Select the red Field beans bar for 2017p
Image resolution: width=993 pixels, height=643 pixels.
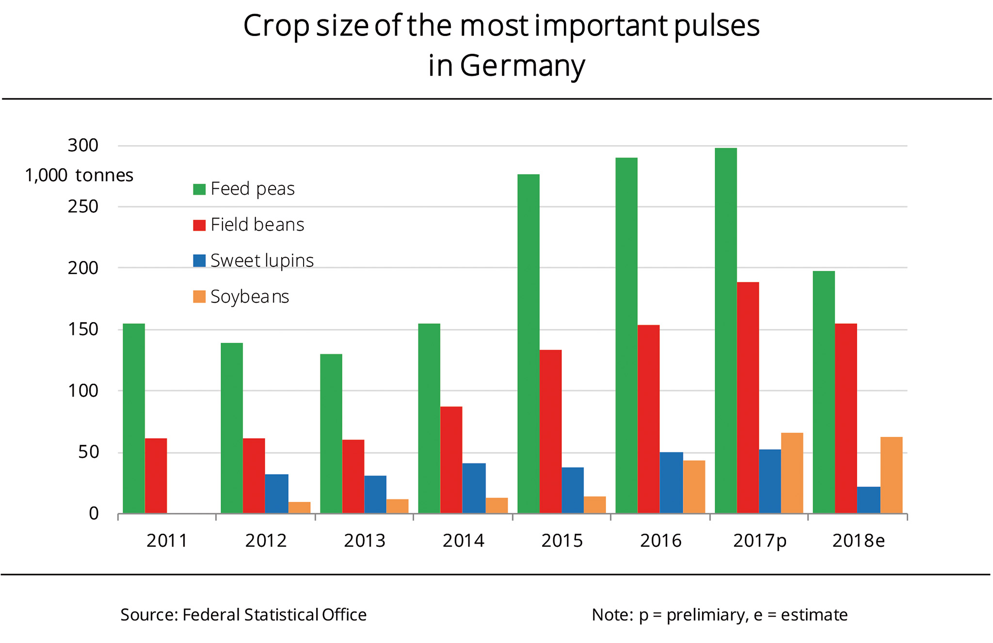(x=748, y=397)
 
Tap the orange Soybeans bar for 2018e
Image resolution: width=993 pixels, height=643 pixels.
(x=891, y=475)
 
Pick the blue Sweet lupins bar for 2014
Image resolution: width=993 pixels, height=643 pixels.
(x=474, y=488)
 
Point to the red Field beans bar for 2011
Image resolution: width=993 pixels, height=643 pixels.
(x=156, y=476)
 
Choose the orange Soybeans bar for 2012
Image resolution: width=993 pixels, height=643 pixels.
(x=299, y=508)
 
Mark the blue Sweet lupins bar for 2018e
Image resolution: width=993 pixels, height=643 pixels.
(x=868, y=500)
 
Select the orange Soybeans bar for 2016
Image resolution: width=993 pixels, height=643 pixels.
(x=694, y=487)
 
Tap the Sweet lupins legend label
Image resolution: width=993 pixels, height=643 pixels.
(x=262, y=261)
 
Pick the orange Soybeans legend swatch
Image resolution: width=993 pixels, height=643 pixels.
(x=199, y=297)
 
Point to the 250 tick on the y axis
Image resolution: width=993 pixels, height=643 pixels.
(x=83, y=207)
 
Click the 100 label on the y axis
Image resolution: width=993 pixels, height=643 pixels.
(x=83, y=391)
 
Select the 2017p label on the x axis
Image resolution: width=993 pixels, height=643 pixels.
(x=759, y=541)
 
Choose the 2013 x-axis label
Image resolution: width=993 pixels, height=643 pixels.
(x=365, y=541)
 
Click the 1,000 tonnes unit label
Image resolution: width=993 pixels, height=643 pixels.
(x=79, y=175)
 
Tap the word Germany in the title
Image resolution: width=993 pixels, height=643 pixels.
(x=522, y=66)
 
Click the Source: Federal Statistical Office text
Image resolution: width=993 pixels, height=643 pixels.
(x=243, y=615)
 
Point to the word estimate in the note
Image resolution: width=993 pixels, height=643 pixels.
(x=814, y=615)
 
